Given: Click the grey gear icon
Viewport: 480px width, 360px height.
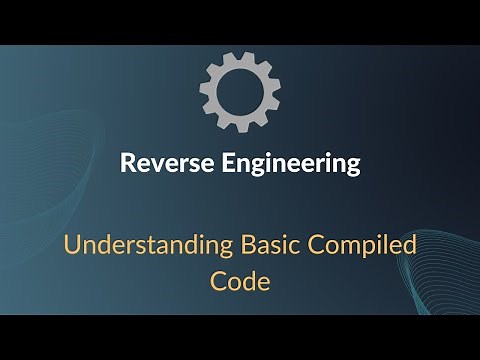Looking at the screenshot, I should pos(239,87).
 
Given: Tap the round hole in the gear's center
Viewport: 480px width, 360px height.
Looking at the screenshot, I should pos(239,88).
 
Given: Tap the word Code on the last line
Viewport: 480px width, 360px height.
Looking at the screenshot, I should pos(240,281).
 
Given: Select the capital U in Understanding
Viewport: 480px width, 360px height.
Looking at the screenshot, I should pos(71,246).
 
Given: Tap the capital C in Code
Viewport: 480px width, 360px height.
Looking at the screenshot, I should pos(218,281).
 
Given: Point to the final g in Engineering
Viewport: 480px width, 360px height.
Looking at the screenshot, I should pos(351,168).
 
